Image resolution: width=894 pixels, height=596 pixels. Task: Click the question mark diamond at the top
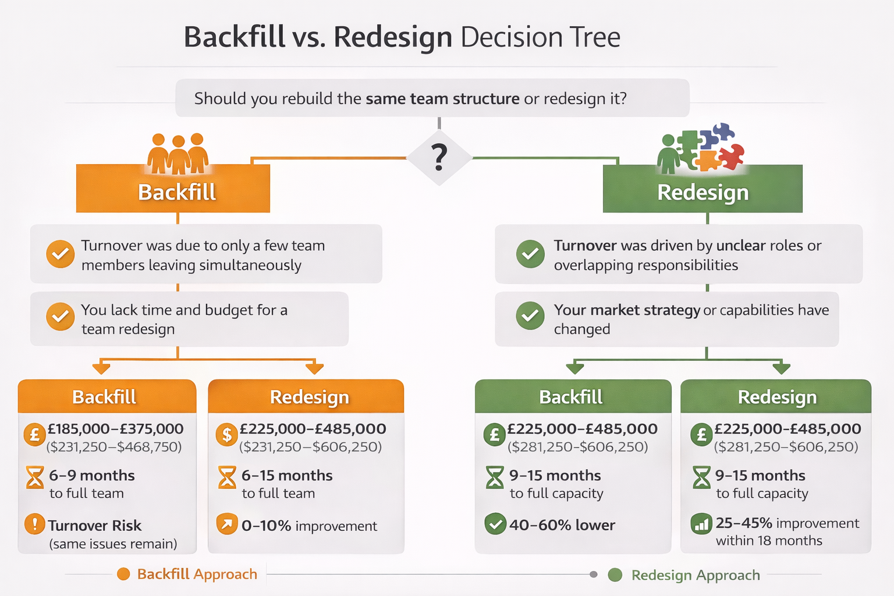[x=439, y=157]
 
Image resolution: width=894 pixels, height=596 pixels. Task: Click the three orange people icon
[x=178, y=154]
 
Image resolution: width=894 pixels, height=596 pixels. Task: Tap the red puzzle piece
[x=731, y=155]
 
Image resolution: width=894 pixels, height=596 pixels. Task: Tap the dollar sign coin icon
[x=226, y=434]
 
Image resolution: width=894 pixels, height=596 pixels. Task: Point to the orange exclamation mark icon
[x=35, y=524]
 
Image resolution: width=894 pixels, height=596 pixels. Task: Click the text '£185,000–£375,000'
[x=115, y=429]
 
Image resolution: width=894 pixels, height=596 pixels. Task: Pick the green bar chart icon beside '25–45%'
[x=701, y=524]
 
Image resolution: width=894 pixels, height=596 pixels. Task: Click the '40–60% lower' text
[x=562, y=525]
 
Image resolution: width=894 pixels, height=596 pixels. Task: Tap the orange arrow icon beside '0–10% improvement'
[x=226, y=524]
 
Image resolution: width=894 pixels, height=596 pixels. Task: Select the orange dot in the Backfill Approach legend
[x=123, y=574]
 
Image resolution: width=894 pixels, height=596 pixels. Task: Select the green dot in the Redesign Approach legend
[x=615, y=575]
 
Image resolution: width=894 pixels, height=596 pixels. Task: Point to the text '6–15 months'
[x=287, y=476]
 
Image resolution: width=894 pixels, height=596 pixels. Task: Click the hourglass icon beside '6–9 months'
[x=35, y=477]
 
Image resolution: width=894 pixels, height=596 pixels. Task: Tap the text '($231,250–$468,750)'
[x=114, y=447]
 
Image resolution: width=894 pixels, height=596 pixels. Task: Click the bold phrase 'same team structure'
[x=442, y=98]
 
